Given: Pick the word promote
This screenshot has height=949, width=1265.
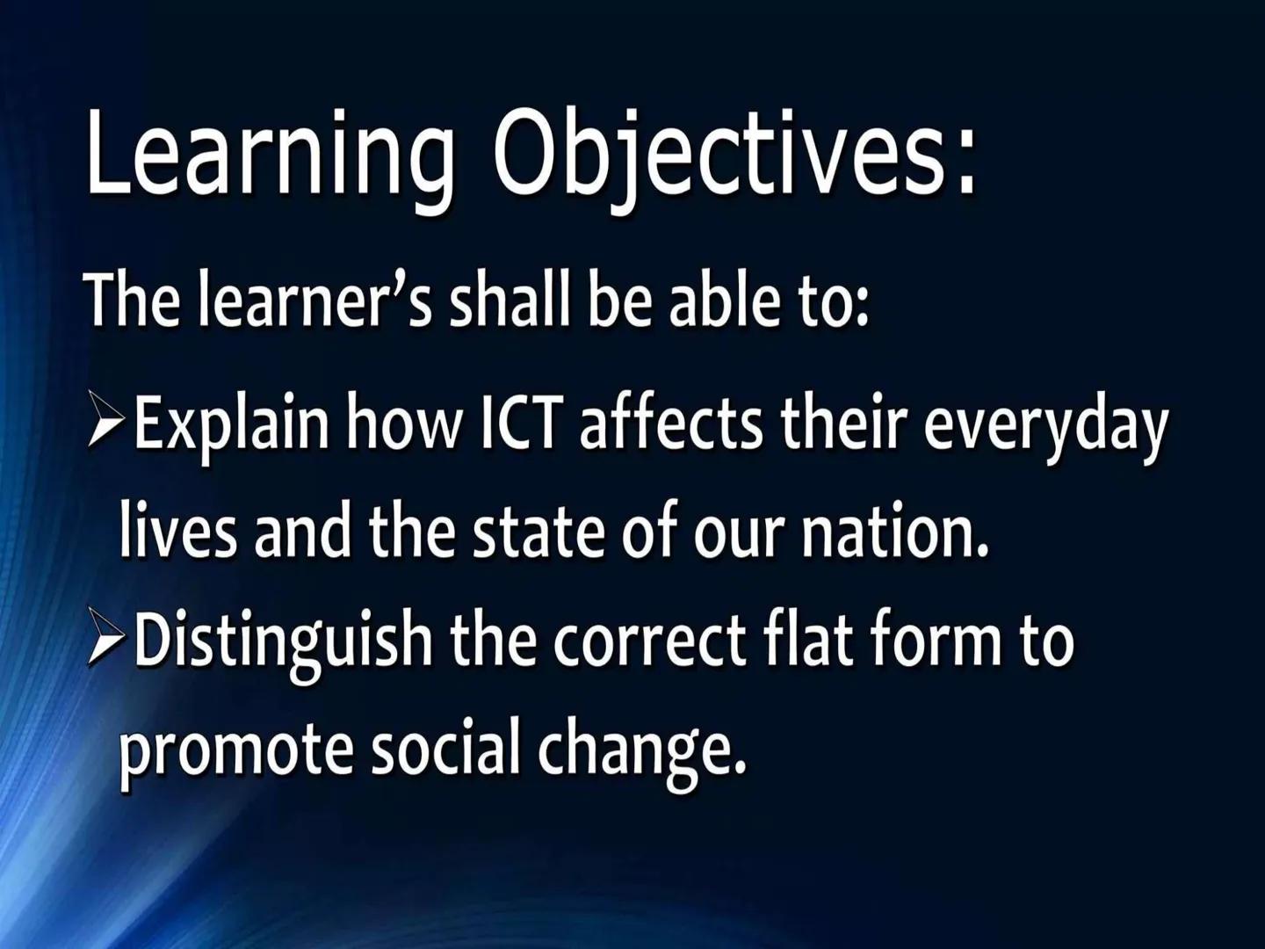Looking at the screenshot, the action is tap(235, 756).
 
